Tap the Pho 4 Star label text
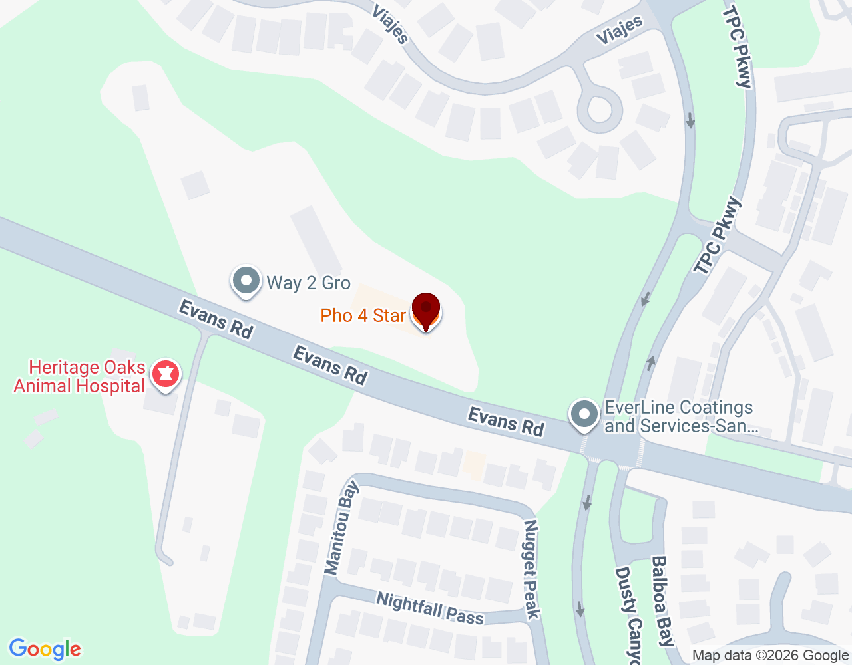tap(363, 315)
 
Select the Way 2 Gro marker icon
tap(246, 281)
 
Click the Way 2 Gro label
tap(308, 283)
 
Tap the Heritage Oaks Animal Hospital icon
tap(165, 374)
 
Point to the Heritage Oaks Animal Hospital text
tap(80, 377)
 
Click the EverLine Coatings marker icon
tap(584, 414)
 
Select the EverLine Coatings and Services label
tap(679, 417)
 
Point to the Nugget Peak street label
tap(531, 569)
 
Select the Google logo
tap(45, 649)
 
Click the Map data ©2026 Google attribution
tap(770, 656)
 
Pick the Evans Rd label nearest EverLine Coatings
tap(506, 422)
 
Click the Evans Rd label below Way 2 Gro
tap(330, 365)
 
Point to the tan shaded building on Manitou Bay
tap(474, 465)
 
